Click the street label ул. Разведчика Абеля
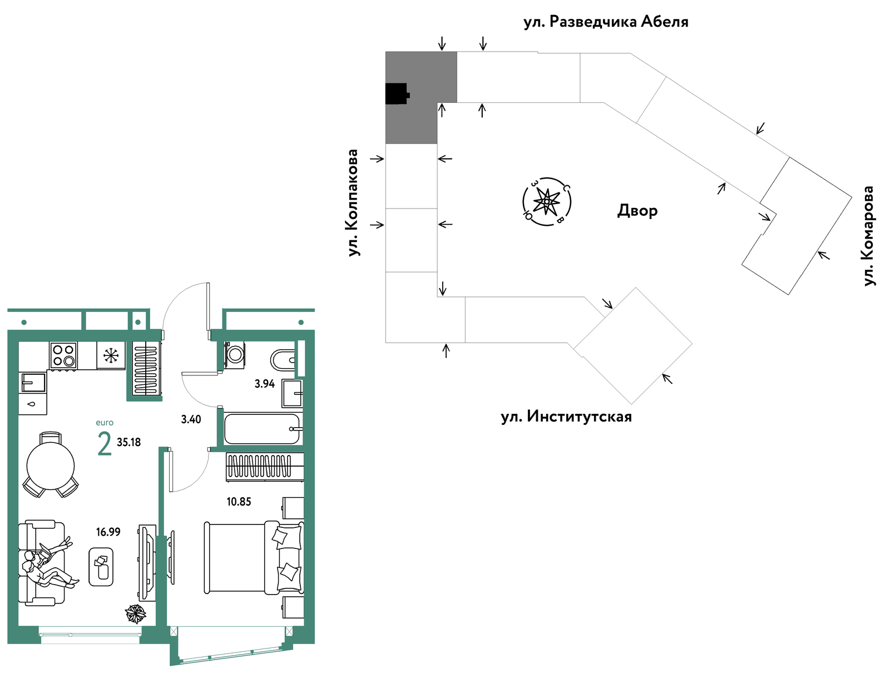pos(606,22)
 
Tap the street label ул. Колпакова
pos(353,202)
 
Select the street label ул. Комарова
pos(868,236)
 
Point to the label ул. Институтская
pos(566,417)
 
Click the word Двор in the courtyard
pos(637,211)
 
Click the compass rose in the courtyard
pos(547,201)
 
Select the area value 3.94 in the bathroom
pos(264,384)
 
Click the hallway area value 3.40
pos(191,419)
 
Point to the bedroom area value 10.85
pos(239,502)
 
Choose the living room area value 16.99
pos(108,532)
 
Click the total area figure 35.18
pos(129,442)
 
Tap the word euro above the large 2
pos(105,423)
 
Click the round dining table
pos(51,466)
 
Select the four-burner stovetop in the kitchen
pos(63,355)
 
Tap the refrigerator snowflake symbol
pos(110,355)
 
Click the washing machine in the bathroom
pos(234,355)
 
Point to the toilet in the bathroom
pos(283,360)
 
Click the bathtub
pos(263,428)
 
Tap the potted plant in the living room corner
pos(135,614)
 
